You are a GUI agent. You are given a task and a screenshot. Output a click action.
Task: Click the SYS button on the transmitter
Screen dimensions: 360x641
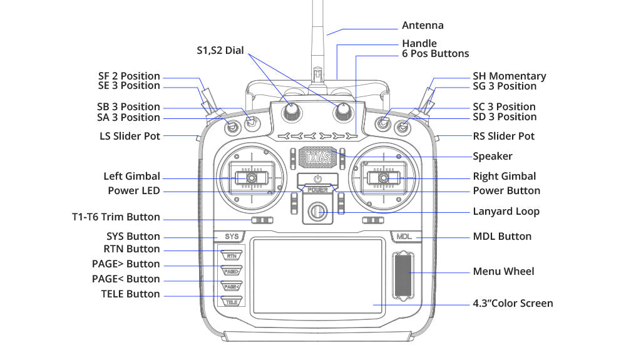232,237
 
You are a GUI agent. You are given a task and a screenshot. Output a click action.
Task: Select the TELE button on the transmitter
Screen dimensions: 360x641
232,301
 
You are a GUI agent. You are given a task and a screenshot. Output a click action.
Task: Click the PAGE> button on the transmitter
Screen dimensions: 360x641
232,271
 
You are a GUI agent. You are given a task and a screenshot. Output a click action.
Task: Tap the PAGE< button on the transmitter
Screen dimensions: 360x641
232,286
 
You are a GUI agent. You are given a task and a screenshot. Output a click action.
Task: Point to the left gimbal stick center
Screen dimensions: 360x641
250,178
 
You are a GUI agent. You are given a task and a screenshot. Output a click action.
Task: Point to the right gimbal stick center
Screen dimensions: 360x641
383,178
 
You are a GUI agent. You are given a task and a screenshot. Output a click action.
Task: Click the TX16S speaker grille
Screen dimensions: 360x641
317,157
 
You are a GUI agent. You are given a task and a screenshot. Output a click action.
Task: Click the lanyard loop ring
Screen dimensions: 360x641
317,211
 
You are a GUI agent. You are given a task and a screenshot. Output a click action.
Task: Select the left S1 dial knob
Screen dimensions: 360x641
291,111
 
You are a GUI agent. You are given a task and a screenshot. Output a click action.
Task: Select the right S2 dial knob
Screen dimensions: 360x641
343,111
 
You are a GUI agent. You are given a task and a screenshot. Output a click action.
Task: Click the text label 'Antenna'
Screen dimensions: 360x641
423,26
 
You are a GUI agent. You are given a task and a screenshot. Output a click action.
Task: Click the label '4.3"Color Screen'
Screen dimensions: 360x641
513,304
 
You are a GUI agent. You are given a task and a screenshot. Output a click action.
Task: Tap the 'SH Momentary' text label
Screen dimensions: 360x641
509,76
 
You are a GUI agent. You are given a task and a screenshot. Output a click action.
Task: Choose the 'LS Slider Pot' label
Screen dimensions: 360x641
130,136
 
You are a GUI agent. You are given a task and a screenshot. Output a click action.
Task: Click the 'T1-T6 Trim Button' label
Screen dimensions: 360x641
116,217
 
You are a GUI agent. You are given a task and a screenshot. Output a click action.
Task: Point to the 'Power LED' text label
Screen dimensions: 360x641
133,190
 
